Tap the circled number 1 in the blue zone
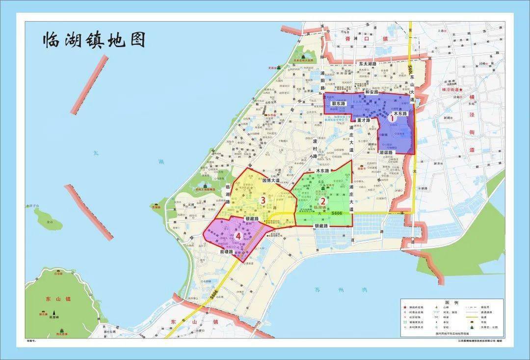pos(391,118)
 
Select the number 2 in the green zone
pos(323,200)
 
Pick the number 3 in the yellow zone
pos(263,200)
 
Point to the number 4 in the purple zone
pos(238,236)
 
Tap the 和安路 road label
pos(371,92)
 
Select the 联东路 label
pos(338,104)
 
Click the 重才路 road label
pos(364,120)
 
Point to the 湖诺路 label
pos(388,153)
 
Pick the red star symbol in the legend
pos(405,307)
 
